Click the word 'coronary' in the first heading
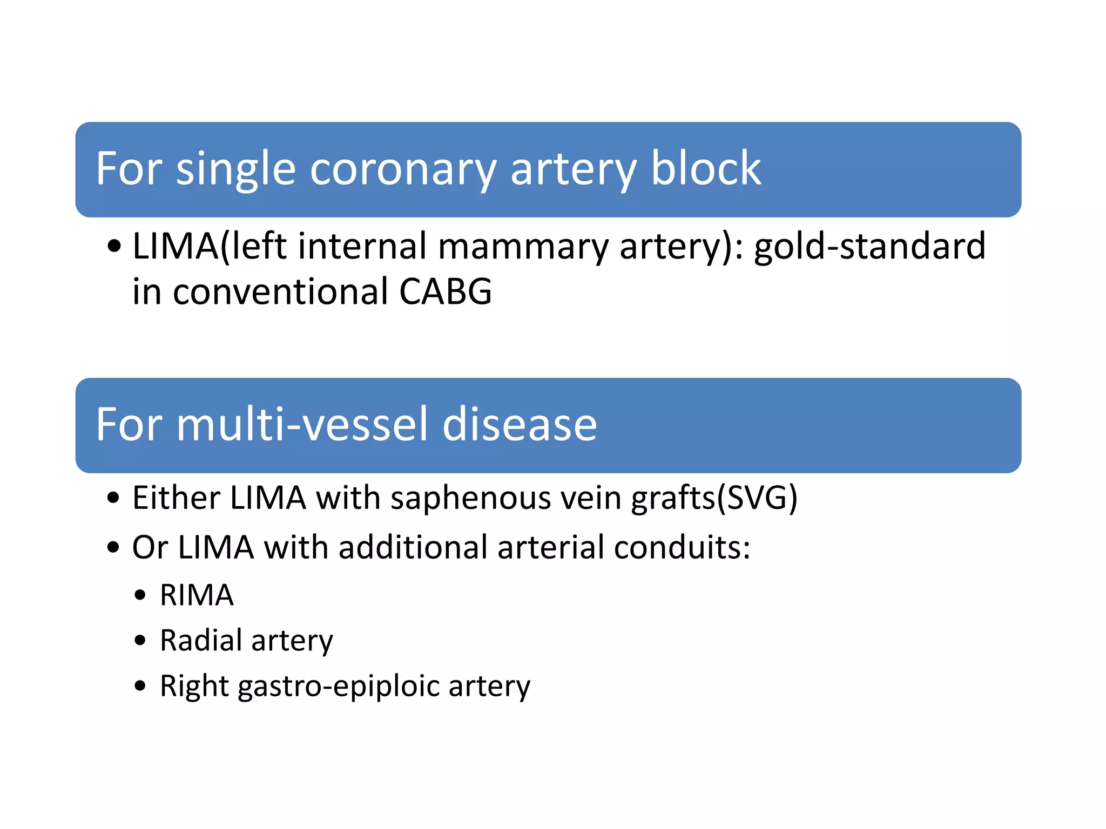402,169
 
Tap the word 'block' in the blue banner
706,168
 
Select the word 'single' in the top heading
235,169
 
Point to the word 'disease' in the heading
519,424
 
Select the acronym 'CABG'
445,292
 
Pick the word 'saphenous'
470,498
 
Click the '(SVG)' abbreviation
757,498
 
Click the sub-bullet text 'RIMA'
197,595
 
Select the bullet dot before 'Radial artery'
140,641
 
